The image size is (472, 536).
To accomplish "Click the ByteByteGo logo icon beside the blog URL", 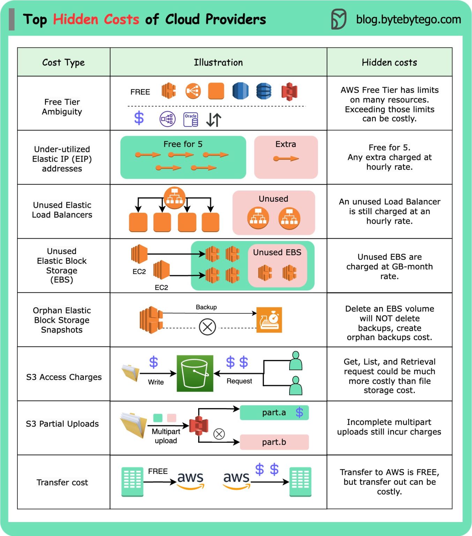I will pos(338,19).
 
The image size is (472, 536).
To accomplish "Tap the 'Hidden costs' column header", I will pos(389,62).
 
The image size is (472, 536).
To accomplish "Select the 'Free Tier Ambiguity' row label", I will pos(62,107).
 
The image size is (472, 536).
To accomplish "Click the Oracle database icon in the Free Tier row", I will pos(191,119).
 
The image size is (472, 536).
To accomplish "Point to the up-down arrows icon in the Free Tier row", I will pos(213,120).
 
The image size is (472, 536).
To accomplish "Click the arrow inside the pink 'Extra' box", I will pos(286,159).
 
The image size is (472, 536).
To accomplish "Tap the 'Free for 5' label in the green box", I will pos(183,144).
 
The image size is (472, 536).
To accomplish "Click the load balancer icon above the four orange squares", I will pos(174,198).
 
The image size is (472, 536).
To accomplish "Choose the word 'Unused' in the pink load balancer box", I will pos(274,199).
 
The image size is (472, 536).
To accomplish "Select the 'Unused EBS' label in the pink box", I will pos(277,252).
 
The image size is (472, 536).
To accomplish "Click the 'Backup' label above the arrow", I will pos(206,307).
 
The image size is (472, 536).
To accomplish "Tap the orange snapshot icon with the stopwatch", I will pos(269,320).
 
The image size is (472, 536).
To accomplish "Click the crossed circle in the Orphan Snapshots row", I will pos(207,327).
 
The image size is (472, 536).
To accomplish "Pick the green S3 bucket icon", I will pos(195,373).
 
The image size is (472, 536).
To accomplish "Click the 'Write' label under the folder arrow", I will pos(156,382).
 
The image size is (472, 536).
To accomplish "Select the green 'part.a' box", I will pos(274,412).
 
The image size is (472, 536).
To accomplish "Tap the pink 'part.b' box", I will pos(274,442).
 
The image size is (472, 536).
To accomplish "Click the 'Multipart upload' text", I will pos(166,436).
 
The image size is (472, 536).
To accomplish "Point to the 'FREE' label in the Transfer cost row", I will pos(158,471).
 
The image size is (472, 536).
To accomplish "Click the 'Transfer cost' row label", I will pos(62,483).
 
